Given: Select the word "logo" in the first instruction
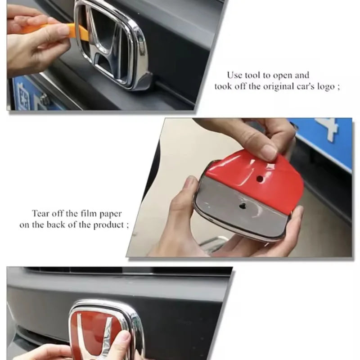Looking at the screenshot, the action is tap(326, 86).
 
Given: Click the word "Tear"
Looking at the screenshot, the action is tap(40, 213).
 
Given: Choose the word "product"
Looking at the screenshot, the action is tap(108, 225).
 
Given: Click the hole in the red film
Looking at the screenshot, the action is tap(260, 178).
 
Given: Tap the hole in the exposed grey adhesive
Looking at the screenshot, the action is tap(242, 206).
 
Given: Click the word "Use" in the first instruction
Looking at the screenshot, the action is tap(234, 75).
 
